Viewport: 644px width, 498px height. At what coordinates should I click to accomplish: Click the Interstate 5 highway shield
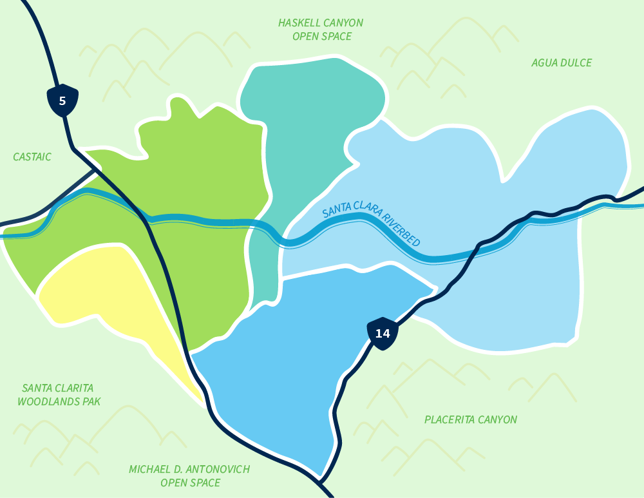(62, 101)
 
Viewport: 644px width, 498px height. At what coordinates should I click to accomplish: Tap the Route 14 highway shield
(383, 333)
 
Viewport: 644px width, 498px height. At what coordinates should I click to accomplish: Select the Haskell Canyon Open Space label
(321, 30)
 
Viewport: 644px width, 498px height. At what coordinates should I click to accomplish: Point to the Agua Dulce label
(562, 62)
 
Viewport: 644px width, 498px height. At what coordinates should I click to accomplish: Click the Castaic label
(32, 157)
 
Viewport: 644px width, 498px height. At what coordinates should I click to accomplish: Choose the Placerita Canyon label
(471, 419)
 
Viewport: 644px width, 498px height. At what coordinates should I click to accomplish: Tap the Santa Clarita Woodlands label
(58, 395)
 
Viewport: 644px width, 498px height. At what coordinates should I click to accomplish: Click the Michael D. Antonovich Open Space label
(189, 475)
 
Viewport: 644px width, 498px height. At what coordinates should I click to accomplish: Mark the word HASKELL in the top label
(298, 23)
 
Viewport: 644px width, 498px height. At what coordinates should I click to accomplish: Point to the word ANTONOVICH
(216, 469)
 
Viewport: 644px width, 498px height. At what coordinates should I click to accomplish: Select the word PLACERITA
(448, 419)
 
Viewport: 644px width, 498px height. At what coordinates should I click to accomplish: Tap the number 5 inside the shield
(62, 101)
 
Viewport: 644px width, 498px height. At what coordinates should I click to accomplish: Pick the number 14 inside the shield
(383, 333)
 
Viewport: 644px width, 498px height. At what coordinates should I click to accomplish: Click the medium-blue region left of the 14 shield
(290, 367)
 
